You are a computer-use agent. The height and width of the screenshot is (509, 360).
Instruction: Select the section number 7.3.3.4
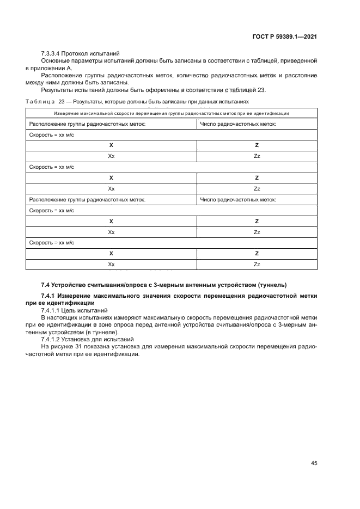click(x=50, y=53)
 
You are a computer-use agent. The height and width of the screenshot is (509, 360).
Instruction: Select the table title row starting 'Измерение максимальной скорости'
click(x=172, y=113)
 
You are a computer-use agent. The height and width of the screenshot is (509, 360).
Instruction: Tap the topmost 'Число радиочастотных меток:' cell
click(x=238, y=124)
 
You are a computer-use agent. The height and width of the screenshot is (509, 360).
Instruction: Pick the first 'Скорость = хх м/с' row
click(x=51, y=134)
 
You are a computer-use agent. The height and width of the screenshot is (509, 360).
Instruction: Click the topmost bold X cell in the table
click(x=111, y=145)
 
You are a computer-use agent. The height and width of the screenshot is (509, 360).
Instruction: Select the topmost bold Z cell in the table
click(x=257, y=145)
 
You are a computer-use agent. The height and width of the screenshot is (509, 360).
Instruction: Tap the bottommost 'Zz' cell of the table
click(x=257, y=264)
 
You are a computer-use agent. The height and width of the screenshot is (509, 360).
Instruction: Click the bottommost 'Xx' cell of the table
click(x=111, y=264)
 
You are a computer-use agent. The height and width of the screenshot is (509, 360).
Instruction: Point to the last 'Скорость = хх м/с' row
click(x=51, y=242)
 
